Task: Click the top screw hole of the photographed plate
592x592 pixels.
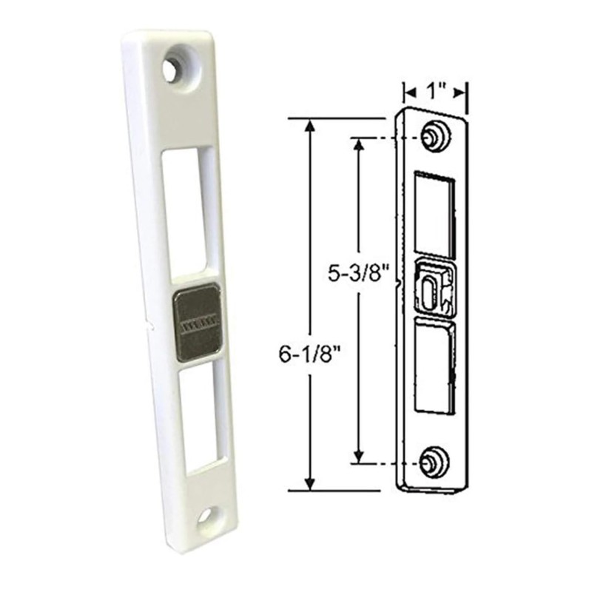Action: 172,71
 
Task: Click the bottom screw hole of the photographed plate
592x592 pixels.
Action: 206,515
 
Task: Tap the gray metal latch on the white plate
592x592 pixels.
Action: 198,323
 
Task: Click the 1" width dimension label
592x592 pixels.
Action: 436,92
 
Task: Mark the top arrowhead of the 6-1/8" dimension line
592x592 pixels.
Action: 311,124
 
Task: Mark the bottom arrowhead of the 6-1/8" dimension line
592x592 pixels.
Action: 311,484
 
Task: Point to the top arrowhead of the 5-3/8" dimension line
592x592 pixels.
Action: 359,144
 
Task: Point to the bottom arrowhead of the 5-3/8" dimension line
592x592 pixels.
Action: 359,457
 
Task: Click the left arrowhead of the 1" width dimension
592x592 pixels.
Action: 408,92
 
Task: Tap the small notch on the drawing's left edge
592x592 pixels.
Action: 400,281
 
